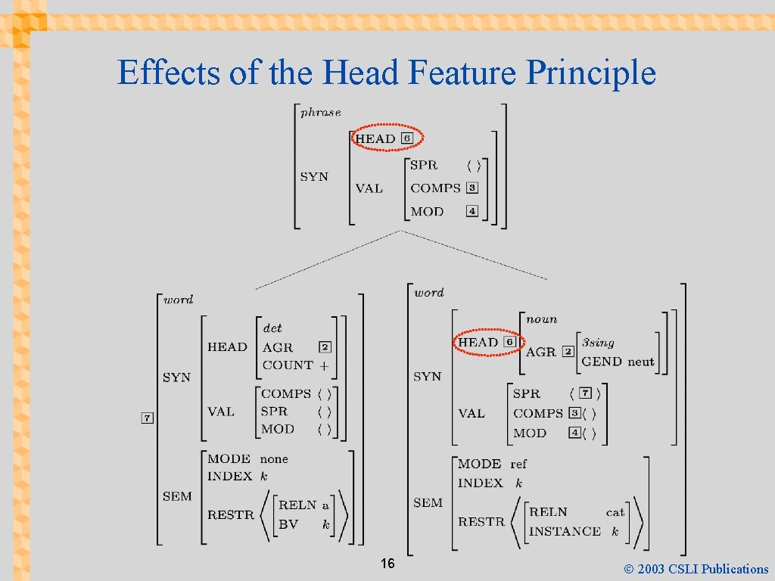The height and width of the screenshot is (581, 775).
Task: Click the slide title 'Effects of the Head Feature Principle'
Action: tap(387, 73)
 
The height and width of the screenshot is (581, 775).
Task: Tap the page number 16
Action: tap(387, 564)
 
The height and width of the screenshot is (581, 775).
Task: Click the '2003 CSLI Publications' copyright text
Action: tap(697, 569)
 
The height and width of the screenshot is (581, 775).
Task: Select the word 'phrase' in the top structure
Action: tap(321, 113)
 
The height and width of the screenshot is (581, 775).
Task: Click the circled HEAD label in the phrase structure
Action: tap(375, 138)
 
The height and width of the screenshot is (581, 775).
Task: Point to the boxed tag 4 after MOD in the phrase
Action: tap(472, 211)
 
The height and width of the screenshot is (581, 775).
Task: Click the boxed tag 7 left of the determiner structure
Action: tap(148, 418)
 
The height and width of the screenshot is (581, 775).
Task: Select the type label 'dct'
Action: tap(272, 328)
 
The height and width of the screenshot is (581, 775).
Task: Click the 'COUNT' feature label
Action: tap(288, 365)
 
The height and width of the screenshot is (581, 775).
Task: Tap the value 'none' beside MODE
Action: tap(274, 458)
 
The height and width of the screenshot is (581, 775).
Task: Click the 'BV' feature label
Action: tap(288, 524)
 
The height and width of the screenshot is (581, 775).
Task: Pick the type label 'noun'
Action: tap(541, 319)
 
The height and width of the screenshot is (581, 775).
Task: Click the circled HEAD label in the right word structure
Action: tap(478, 342)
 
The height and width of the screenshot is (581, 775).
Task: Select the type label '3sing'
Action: tap(598, 342)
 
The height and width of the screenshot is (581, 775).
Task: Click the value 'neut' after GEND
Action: tap(640, 362)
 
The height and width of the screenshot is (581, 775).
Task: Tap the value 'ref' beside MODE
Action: tap(518, 464)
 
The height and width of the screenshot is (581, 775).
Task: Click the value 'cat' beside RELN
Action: tap(615, 512)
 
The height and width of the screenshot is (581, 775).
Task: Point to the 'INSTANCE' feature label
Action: tap(565, 531)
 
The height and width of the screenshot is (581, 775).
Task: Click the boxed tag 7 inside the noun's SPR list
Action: tap(585, 393)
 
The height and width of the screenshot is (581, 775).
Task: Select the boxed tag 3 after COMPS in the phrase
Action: tap(472, 188)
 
